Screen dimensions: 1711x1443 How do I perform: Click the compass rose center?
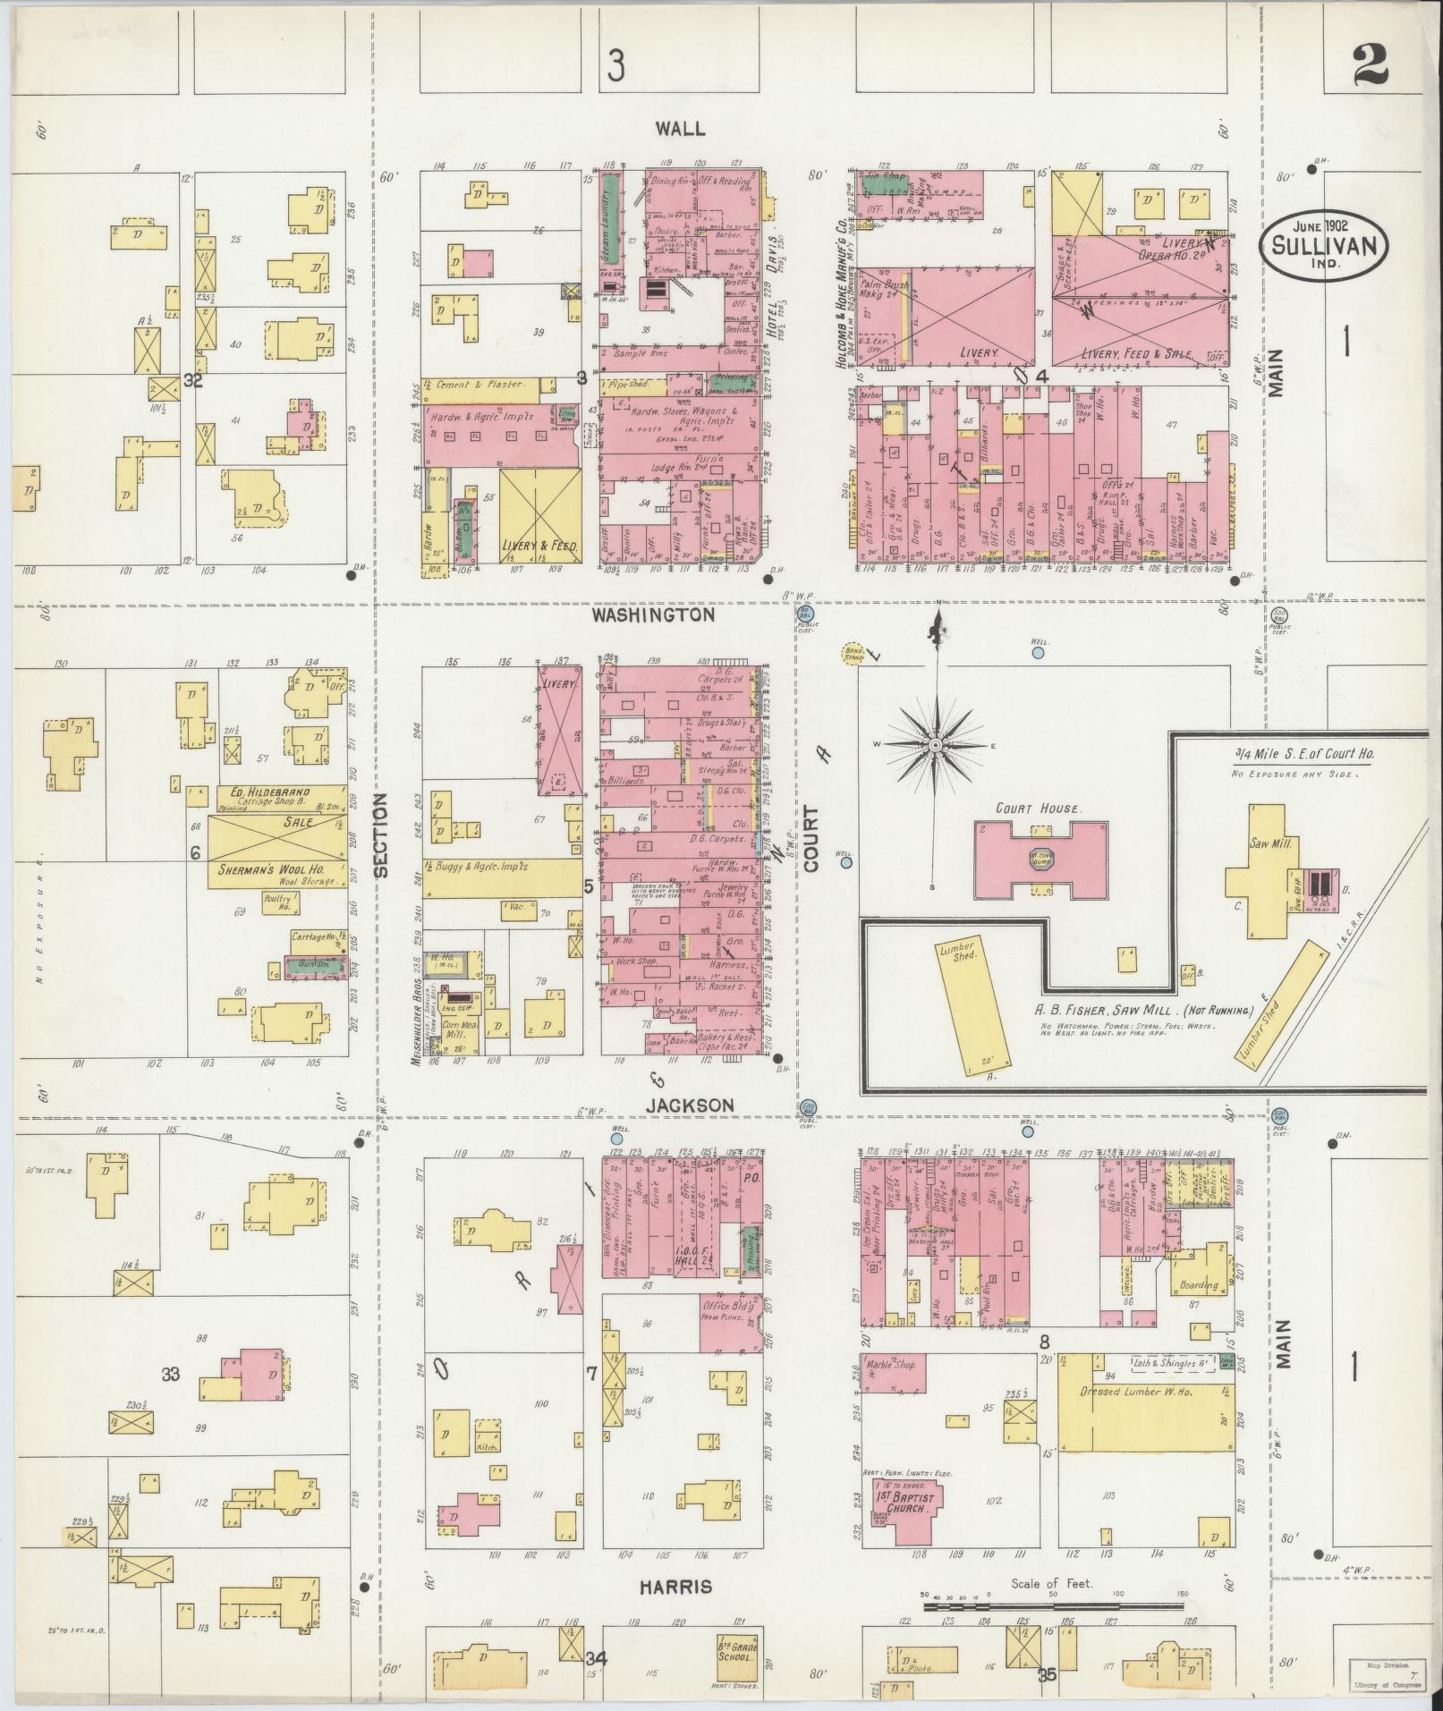(x=936, y=744)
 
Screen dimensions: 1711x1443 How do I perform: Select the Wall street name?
(x=680, y=129)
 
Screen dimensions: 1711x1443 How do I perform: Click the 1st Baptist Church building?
(x=903, y=1498)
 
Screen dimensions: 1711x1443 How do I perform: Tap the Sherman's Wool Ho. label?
(x=271, y=869)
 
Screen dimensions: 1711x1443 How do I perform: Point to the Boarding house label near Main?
(x=1200, y=1285)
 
